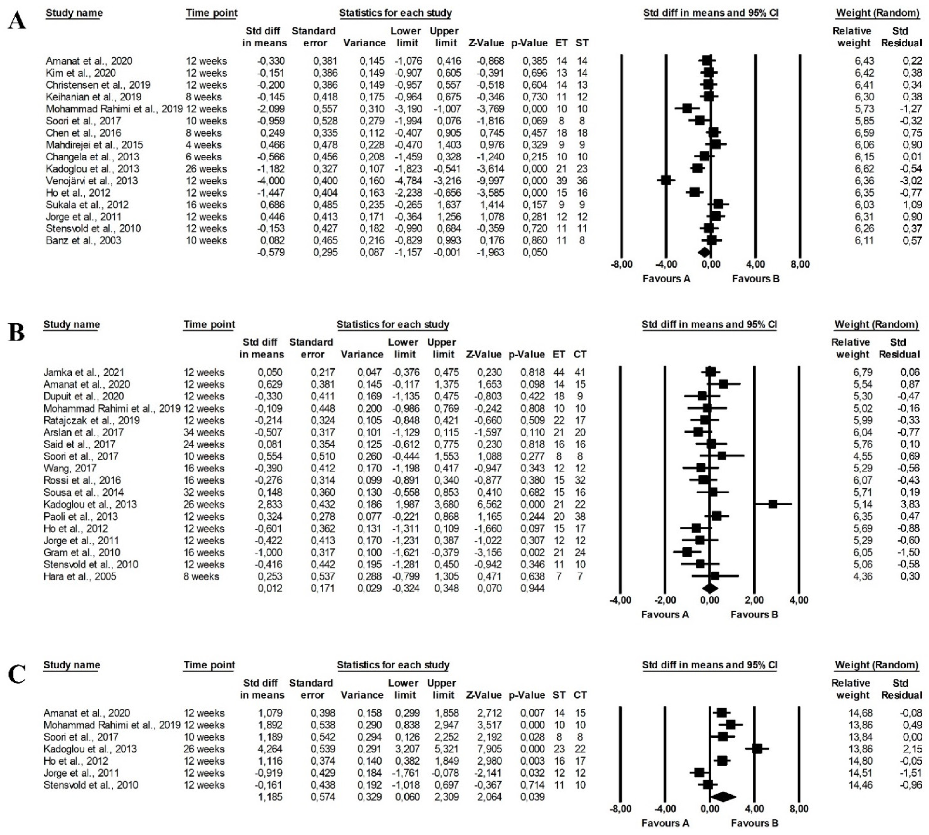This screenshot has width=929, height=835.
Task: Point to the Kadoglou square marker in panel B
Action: pyautogui.click(x=773, y=504)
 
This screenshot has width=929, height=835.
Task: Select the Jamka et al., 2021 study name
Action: pyautogui.click(x=84, y=372)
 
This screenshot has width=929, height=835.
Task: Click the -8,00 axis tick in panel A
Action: pyautogui.click(x=622, y=264)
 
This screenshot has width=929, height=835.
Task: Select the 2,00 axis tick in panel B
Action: pyautogui.click(x=754, y=600)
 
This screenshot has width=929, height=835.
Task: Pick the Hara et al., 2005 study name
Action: pyautogui.click(x=80, y=576)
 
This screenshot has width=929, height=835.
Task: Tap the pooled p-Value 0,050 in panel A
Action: pyautogui.click(x=535, y=252)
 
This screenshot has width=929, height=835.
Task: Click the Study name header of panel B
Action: pyautogui.click(x=72, y=324)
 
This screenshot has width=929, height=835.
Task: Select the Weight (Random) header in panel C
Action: pyautogui.click(x=876, y=665)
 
